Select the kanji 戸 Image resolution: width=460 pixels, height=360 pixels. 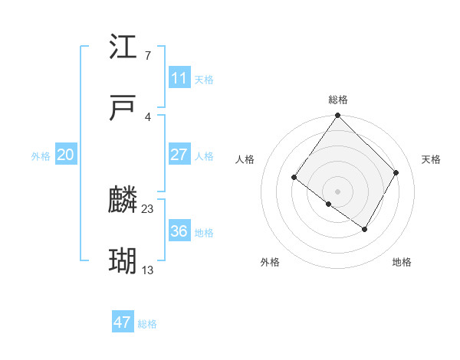(123, 109)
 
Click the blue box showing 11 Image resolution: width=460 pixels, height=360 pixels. (179, 78)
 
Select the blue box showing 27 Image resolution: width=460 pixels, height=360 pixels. (179, 155)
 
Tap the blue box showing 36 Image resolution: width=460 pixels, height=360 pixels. (179, 231)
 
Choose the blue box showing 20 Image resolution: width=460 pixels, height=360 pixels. (65, 155)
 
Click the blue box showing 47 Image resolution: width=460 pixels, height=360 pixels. (122, 322)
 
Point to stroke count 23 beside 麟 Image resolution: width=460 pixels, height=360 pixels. (148, 208)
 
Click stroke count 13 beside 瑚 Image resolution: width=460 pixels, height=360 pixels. (148, 270)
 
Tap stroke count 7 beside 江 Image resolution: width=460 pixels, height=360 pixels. (148, 55)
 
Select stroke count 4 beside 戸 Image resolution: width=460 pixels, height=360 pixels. (148, 116)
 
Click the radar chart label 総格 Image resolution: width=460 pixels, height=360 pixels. (338, 100)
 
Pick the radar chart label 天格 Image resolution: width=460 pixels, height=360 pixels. (431, 159)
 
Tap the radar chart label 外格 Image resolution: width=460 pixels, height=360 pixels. (270, 262)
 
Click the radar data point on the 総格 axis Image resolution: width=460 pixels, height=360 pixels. (337, 116)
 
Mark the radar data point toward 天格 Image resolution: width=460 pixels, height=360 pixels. (396, 173)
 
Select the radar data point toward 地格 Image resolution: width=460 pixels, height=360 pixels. (365, 229)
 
